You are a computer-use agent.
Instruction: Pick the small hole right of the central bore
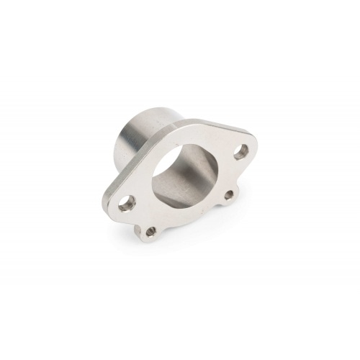(230, 192)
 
